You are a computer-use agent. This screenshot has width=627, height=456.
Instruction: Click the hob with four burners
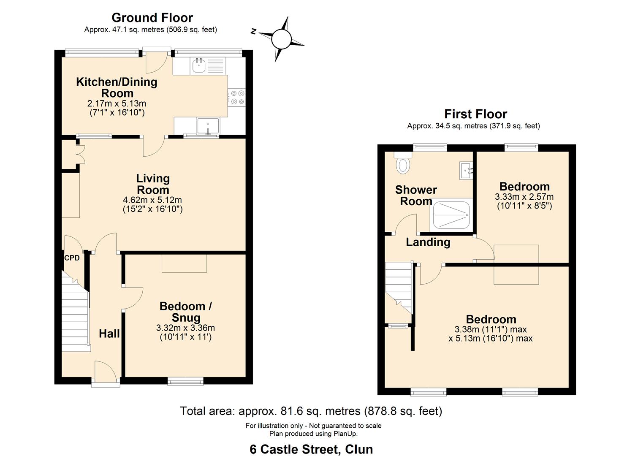click(236, 97)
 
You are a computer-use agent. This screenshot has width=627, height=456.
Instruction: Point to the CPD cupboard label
click(72, 258)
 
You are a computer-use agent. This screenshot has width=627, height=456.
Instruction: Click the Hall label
click(109, 334)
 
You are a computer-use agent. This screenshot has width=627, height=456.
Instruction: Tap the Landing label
click(428, 242)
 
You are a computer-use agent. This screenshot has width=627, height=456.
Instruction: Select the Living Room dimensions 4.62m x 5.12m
click(152, 200)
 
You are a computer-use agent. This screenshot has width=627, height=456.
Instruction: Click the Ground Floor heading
click(152, 18)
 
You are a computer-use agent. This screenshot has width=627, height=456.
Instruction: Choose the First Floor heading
click(475, 114)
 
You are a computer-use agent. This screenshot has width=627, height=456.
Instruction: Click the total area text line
click(311, 411)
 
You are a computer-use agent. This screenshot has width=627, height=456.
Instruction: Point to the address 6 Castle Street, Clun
click(311, 449)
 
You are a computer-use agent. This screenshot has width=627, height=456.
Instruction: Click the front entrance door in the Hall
click(105, 374)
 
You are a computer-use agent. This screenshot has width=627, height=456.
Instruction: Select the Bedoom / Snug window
click(185, 382)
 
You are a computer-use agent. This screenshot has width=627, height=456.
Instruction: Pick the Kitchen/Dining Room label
click(117, 87)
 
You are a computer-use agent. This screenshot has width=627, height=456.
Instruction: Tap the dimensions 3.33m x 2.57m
click(524, 197)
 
